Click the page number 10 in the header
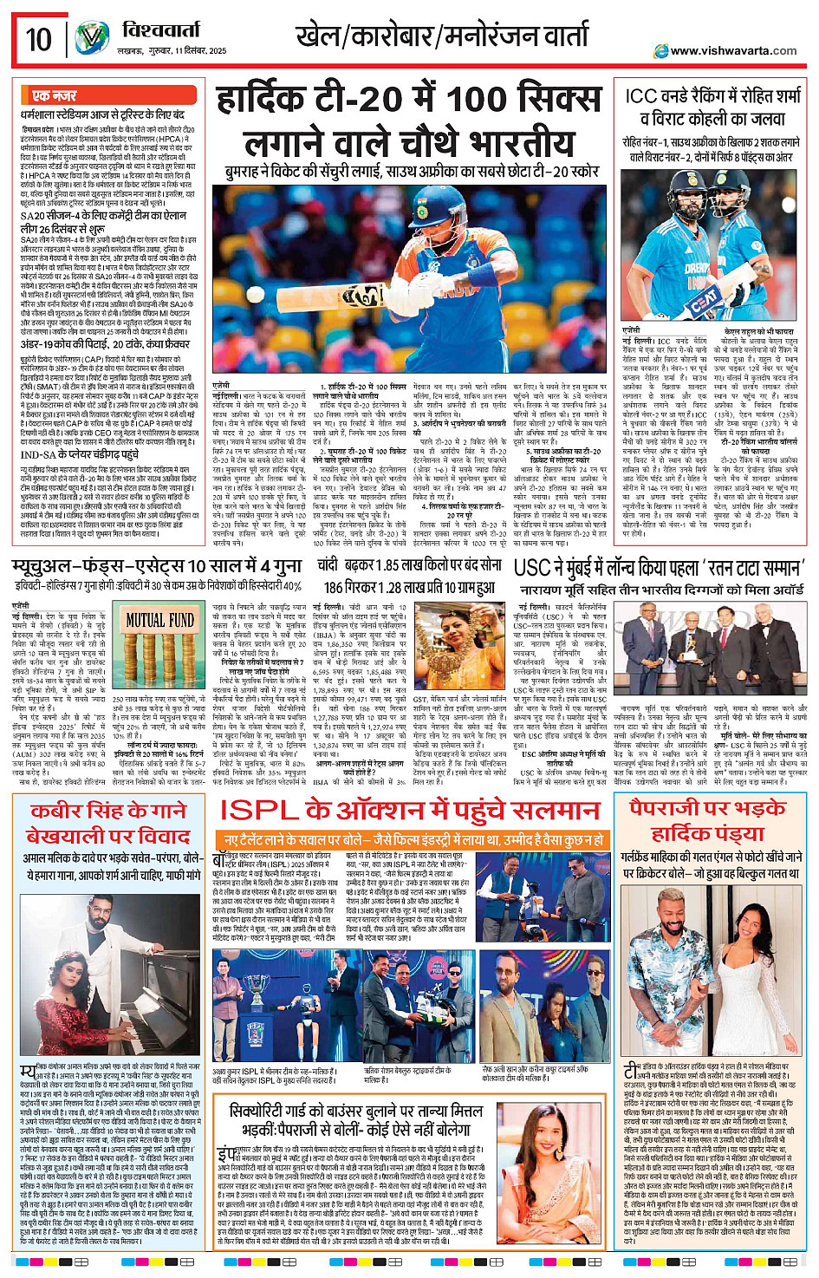[39, 39]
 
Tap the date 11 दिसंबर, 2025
[198, 51]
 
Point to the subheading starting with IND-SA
[80, 454]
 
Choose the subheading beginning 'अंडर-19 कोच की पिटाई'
[104, 344]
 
